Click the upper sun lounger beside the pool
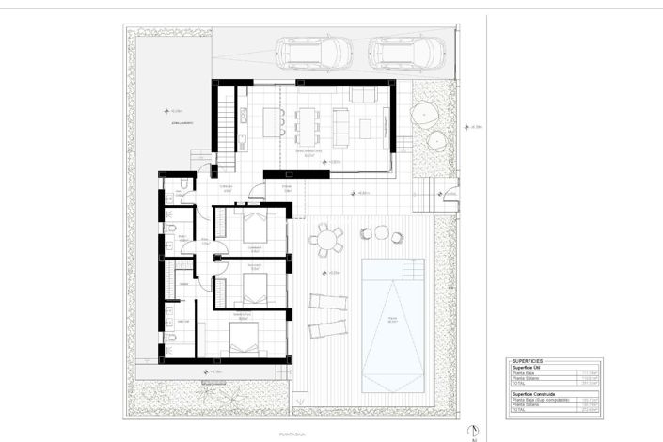pyautogui.click(x=326, y=302)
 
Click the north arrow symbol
pyautogui.click(x=476, y=430)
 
